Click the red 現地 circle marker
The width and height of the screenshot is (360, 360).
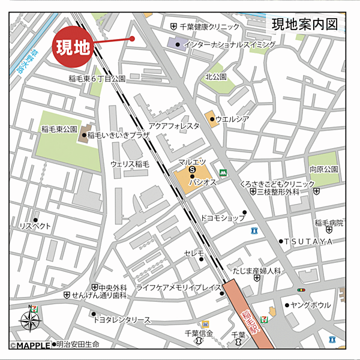point(73,47)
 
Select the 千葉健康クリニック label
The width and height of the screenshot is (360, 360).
point(209,26)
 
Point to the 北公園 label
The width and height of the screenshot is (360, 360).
point(216,77)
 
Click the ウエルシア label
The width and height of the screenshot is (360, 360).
point(232,118)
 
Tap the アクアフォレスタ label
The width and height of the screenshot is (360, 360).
point(174,126)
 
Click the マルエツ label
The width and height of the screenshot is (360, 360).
point(192,163)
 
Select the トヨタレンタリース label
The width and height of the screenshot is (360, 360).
point(122,320)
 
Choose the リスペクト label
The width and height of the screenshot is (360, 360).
point(35,226)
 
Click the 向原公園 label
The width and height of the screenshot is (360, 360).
point(324,170)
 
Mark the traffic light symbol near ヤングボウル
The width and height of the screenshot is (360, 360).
point(301,290)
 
